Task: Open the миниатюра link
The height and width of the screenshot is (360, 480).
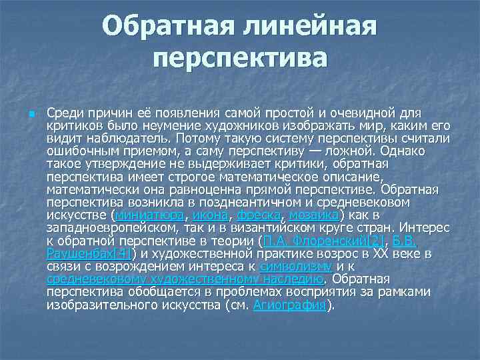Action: point(150,215)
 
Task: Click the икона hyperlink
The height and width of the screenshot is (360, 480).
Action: point(211,215)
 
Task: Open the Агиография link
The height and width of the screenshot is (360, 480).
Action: point(292,305)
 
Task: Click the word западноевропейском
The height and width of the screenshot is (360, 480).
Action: point(109,228)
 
